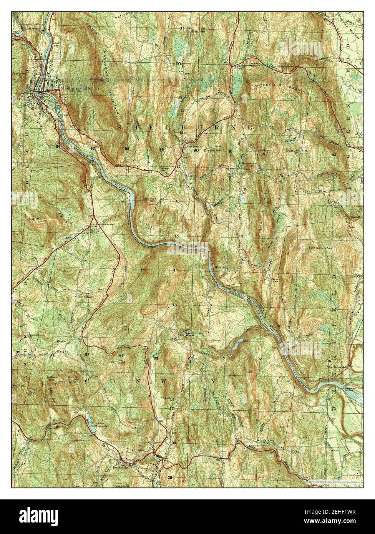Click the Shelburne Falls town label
click(71, 87)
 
